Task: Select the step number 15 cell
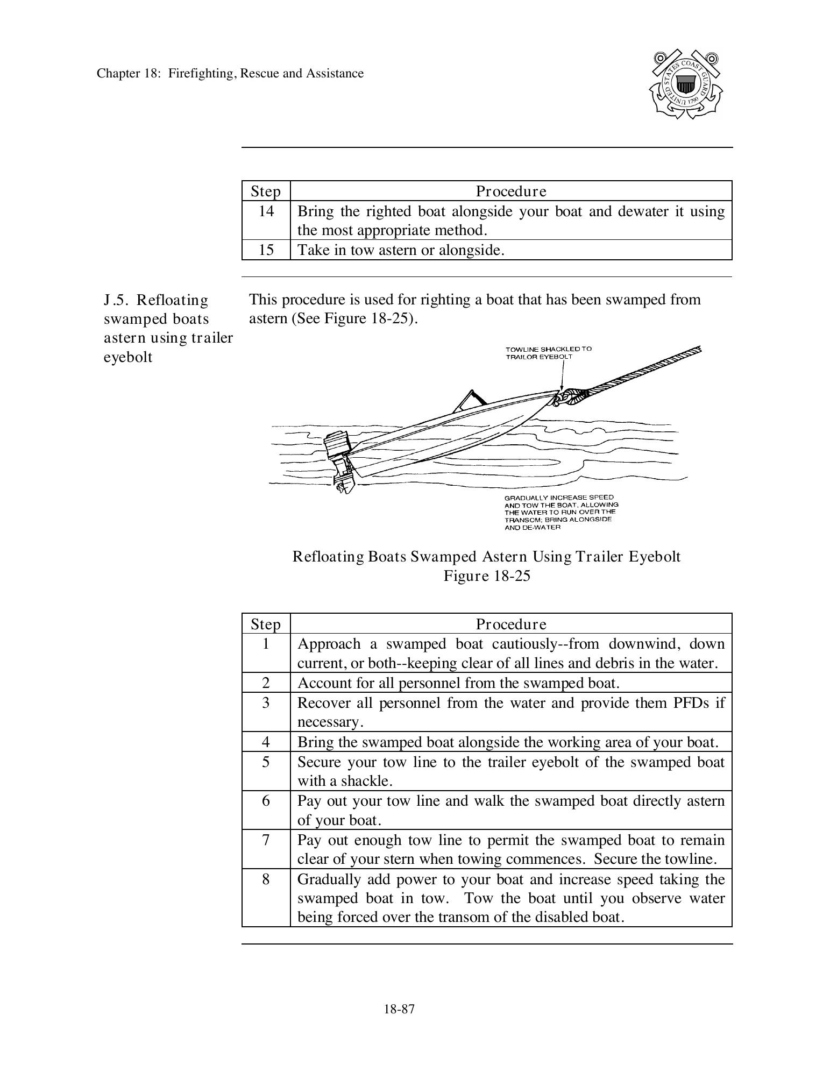(266, 250)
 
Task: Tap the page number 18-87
(399, 1009)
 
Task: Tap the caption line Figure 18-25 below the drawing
(486, 576)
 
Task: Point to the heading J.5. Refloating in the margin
(156, 300)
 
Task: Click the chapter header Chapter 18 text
(230, 74)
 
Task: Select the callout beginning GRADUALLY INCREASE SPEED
(561, 512)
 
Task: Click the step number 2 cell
(266, 683)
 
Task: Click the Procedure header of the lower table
(510, 624)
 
